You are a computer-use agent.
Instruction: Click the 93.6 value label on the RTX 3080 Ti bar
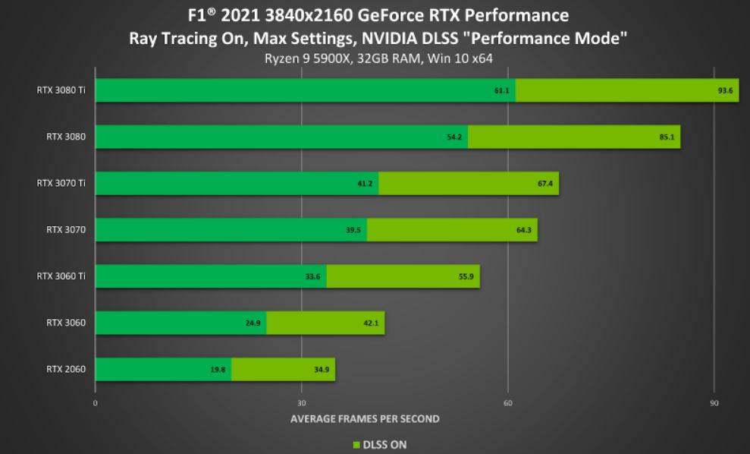click(x=725, y=90)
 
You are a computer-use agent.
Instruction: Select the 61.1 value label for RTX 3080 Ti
click(x=501, y=90)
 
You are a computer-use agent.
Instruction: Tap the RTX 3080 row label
click(x=66, y=137)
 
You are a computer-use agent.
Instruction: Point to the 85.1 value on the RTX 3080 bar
click(x=667, y=137)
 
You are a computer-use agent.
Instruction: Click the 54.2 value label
click(x=455, y=137)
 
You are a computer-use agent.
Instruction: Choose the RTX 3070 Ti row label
click(x=61, y=183)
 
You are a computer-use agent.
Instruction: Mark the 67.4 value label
click(x=545, y=184)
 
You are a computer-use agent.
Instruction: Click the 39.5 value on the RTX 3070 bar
click(x=353, y=230)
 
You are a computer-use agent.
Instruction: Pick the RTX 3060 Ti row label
click(x=61, y=276)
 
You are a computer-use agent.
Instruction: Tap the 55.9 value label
click(x=466, y=276)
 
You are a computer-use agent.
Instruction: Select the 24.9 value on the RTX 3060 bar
click(x=253, y=323)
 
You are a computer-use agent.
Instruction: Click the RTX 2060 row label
click(x=66, y=370)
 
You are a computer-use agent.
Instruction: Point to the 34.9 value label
click(x=322, y=370)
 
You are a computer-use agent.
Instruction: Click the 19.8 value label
click(x=218, y=370)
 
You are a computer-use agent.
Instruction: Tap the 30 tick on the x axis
click(x=302, y=402)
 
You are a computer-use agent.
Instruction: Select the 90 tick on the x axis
click(x=714, y=402)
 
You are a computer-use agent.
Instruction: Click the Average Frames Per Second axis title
click(x=365, y=418)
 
